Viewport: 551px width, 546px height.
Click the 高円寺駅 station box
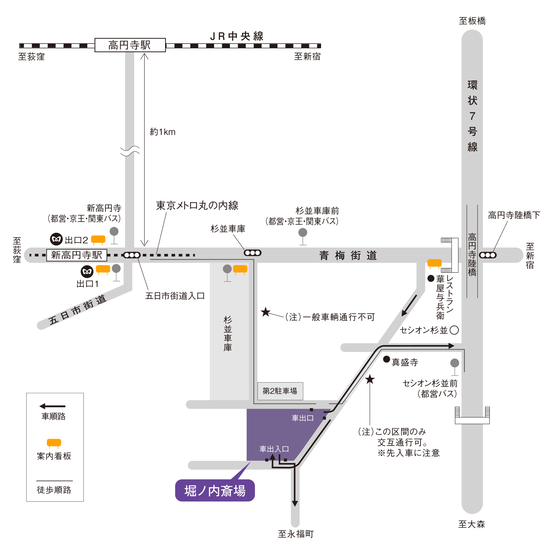[130, 45]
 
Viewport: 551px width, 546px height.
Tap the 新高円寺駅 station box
[77, 255]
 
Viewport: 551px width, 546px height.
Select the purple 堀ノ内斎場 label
[215, 490]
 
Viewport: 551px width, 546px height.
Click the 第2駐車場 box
[280, 391]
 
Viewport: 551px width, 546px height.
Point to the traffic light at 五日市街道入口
[132, 255]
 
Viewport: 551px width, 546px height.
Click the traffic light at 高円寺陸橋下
[488, 255]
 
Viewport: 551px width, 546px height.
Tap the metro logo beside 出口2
[56, 239]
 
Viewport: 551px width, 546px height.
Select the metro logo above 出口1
[87, 272]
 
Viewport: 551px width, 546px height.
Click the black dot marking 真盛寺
[386, 359]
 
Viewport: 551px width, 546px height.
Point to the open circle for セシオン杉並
[454, 330]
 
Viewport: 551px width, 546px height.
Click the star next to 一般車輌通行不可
[266, 312]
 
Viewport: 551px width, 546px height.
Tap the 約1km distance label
[163, 132]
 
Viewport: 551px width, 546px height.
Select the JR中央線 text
[237, 36]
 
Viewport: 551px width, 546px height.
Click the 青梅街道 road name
[348, 255]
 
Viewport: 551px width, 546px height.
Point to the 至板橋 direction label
[472, 21]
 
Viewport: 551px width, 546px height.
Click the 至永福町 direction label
[296, 534]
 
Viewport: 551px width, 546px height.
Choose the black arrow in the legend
[52, 406]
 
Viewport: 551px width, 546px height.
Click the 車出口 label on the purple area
[303, 418]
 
